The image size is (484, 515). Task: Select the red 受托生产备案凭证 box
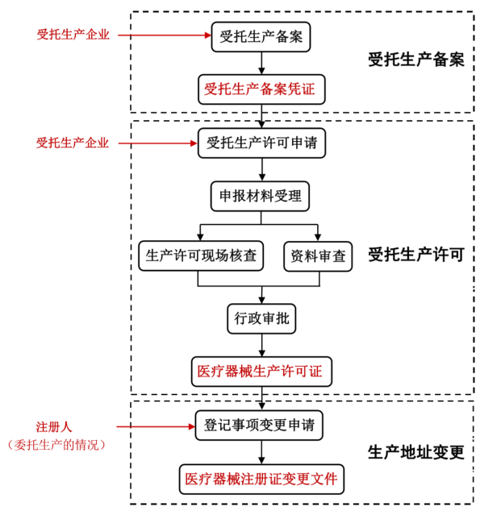(261, 89)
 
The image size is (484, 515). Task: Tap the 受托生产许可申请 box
(261, 143)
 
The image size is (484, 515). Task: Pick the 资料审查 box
(318, 255)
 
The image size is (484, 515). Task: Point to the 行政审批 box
(261, 318)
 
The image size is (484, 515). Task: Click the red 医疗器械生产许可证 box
(261, 372)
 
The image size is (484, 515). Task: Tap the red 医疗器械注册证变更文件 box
(261, 479)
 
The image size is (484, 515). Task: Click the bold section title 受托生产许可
(415, 255)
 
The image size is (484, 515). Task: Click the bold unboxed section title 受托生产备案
(415, 59)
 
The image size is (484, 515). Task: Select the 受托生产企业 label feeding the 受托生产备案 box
(73, 35)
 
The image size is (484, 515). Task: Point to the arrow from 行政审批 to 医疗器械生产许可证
(261, 344)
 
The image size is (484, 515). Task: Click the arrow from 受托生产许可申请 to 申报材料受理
(261, 170)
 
